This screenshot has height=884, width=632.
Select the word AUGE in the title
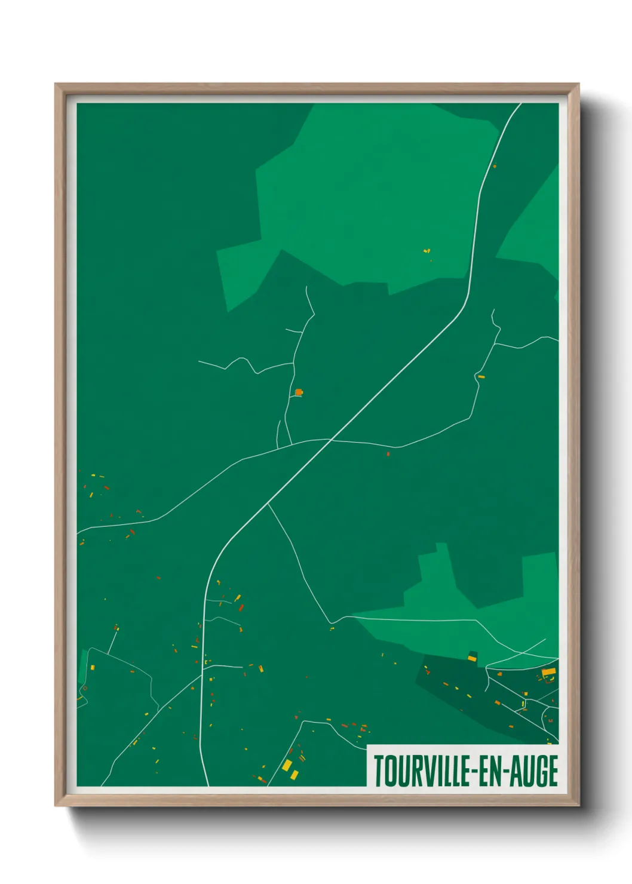pyautogui.click(x=535, y=771)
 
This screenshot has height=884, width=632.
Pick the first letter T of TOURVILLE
pyautogui.click(x=379, y=771)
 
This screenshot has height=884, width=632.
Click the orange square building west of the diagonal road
pyautogui.click(x=299, y=392)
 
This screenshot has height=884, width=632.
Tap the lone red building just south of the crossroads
pyautogui.click(x=388, y=454)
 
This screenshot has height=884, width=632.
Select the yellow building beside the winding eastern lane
pyautogui.click(x=481, y=377)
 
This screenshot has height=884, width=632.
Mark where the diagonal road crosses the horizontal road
pyautogui.click(x=331, y=440)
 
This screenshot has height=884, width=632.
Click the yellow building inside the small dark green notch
pyautogui.click(x=472, y=658)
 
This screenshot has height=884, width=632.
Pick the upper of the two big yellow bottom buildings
pyautogui.click(x=287, y=765)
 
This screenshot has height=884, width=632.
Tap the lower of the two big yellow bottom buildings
pyautogui.click(x=294, y=775)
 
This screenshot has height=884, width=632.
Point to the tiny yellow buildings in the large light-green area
pyautogui.click(x=427, y=251)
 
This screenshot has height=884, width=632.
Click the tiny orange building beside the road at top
pyautogui.click(x=495, y=165)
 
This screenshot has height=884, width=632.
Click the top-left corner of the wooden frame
pyautogui.click(x=56, y=84)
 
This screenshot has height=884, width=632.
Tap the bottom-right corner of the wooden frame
pyautogui.click(x=578, y=805)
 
